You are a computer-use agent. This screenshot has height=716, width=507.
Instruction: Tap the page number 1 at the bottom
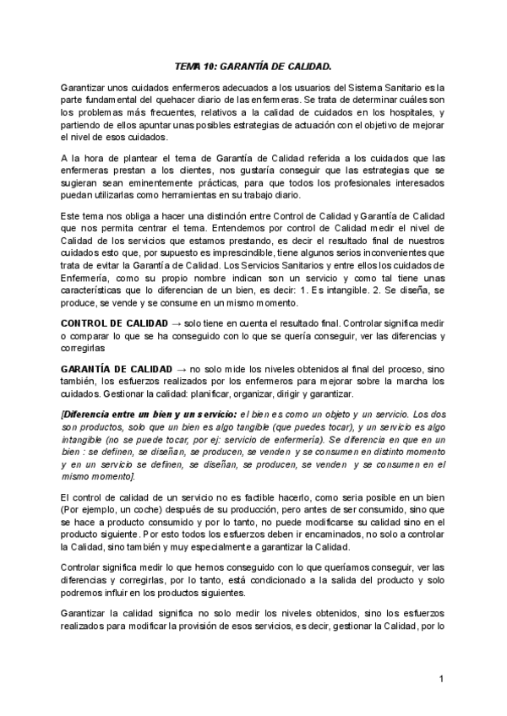click(442, 679)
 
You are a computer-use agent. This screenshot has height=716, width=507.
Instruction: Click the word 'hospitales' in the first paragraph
click(404, 112)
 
